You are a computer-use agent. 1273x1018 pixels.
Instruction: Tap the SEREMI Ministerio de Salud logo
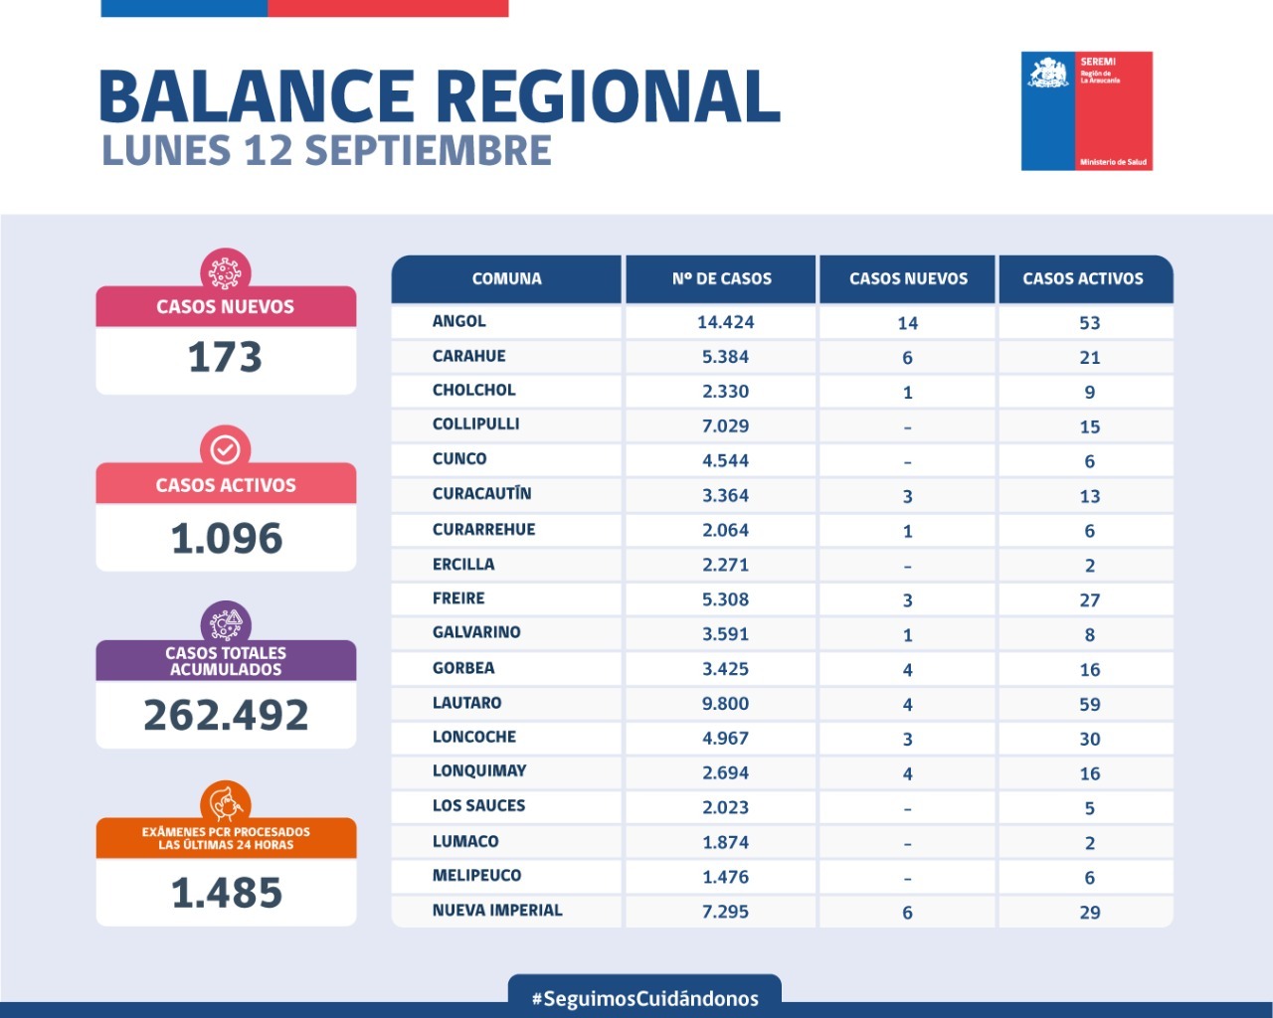(x=1086, y=111)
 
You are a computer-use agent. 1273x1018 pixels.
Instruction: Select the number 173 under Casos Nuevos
(x=225, y=358)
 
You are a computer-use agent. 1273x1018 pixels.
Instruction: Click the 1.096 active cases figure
(x=227, y=539)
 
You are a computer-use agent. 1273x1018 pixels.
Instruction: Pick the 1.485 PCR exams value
(x=227, y=893)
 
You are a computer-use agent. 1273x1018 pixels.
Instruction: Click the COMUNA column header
(x=506, y=279)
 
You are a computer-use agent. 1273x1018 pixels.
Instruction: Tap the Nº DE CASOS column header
(x=721, y=279)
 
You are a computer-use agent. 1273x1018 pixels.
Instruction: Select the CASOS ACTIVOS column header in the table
(x=1083, y=279)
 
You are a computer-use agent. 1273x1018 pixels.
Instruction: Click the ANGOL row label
(x=459, y=321)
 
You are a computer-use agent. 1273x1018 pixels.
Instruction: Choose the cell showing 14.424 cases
(x=725, y=322)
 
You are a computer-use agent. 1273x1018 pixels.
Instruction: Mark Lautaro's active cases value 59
(x=1090, y=705)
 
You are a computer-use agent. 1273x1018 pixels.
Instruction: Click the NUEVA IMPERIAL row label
(x=497, y=910)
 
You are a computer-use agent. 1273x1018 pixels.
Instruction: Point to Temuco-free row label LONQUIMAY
(x=479, y=770)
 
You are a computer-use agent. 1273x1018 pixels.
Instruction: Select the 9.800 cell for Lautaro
(x=725, y=704)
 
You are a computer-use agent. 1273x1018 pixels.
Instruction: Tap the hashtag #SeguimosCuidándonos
(x=644, y=998)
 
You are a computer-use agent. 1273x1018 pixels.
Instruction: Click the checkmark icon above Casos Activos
(x=226, y=449)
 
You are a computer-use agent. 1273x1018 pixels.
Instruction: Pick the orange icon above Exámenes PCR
(x=226, y=802)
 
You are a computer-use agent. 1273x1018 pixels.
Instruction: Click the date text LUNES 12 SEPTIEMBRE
(x=326, y=151)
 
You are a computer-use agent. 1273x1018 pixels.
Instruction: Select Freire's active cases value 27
(x=1090, y=600)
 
